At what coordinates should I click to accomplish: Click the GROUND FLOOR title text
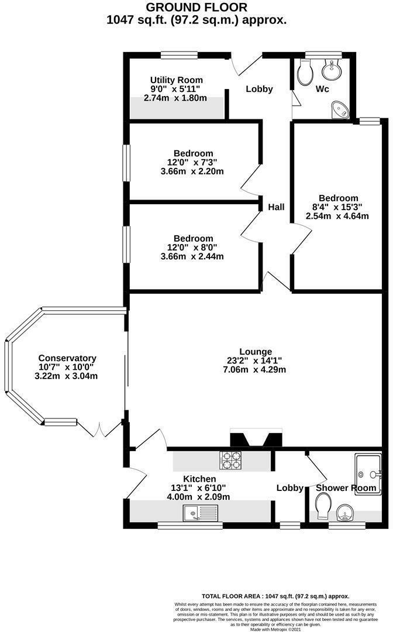(196, 7)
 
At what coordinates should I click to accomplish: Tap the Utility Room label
(176, 80)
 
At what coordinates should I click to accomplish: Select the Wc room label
(323, 90)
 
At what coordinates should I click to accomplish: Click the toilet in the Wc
(305, 73)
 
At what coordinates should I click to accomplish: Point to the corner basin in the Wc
(339, 109)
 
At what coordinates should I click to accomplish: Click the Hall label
(276, 207)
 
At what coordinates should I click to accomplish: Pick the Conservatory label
(67, 358)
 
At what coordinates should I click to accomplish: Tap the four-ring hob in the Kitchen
(231, 461)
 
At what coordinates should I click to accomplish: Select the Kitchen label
(199, 479)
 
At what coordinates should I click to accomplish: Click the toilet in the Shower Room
(322, 504)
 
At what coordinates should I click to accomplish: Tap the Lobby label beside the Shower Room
(289, 488)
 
